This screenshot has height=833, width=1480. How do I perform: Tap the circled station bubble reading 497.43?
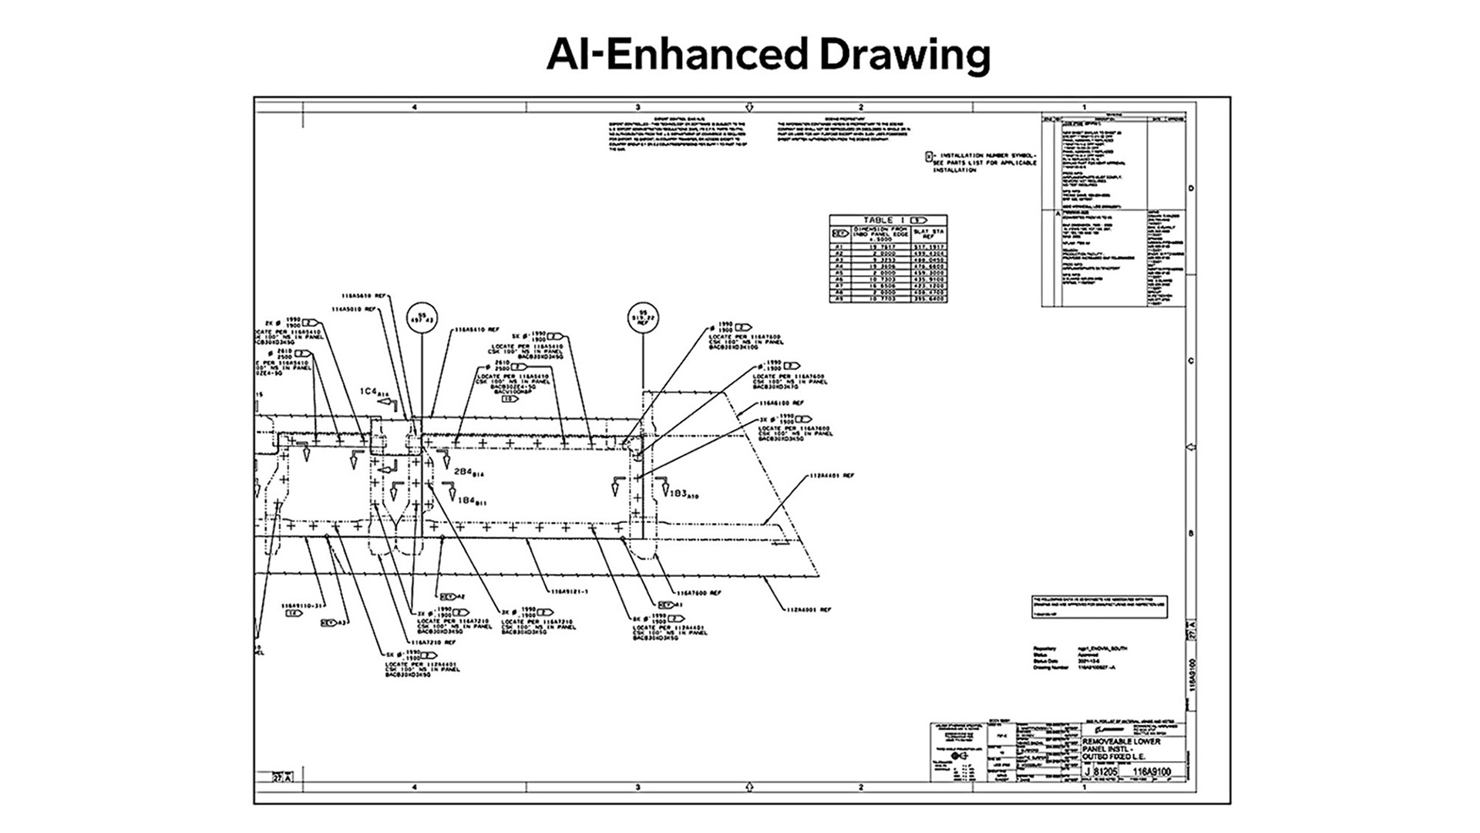tap(422, 318)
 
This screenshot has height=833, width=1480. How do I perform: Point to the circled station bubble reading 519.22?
tap(643, 318)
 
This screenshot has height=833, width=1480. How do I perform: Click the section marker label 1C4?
tap(371, 393)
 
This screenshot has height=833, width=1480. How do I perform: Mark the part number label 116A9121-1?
tap(568, 592)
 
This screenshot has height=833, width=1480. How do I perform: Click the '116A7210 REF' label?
tap(433, 642)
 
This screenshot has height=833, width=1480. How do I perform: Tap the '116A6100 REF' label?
tap(781, 403)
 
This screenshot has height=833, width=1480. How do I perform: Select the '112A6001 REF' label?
tap(809, 610)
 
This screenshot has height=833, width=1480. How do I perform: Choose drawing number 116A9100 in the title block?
tap(1153, 771)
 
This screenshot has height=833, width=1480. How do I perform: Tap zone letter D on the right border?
tap(1191, 188)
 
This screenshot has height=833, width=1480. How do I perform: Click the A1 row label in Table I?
tap(839, 247)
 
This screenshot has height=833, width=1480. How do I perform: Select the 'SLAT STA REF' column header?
tap(928, 234)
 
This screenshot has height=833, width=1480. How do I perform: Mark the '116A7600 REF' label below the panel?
tap(699, 593)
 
